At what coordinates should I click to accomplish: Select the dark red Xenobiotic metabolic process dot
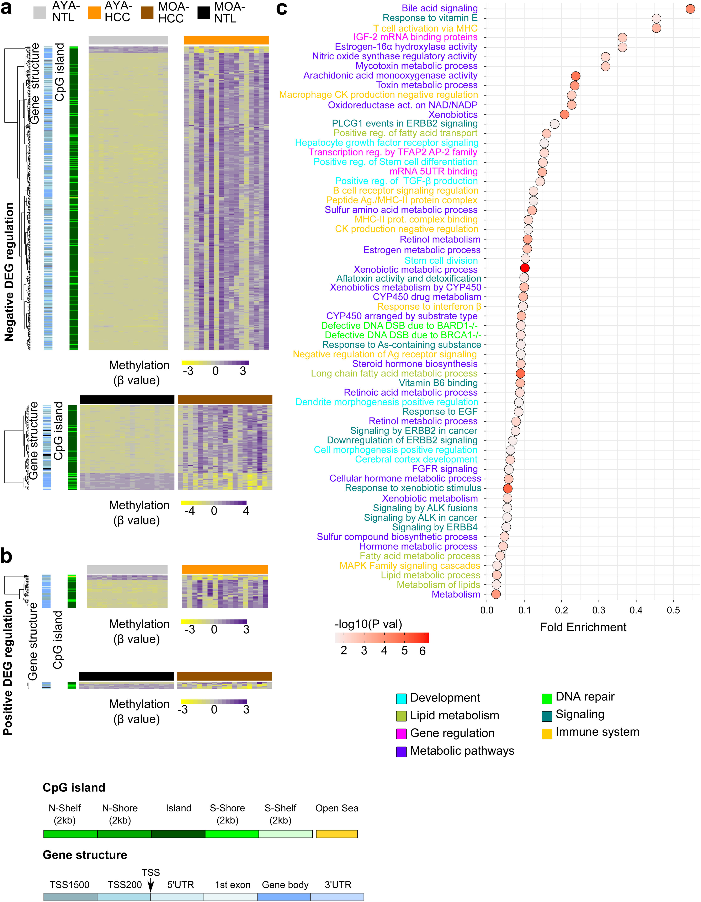525,268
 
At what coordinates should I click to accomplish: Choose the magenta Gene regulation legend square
401,734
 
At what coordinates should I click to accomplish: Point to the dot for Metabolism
496,594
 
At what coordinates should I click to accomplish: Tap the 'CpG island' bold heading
74,788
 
